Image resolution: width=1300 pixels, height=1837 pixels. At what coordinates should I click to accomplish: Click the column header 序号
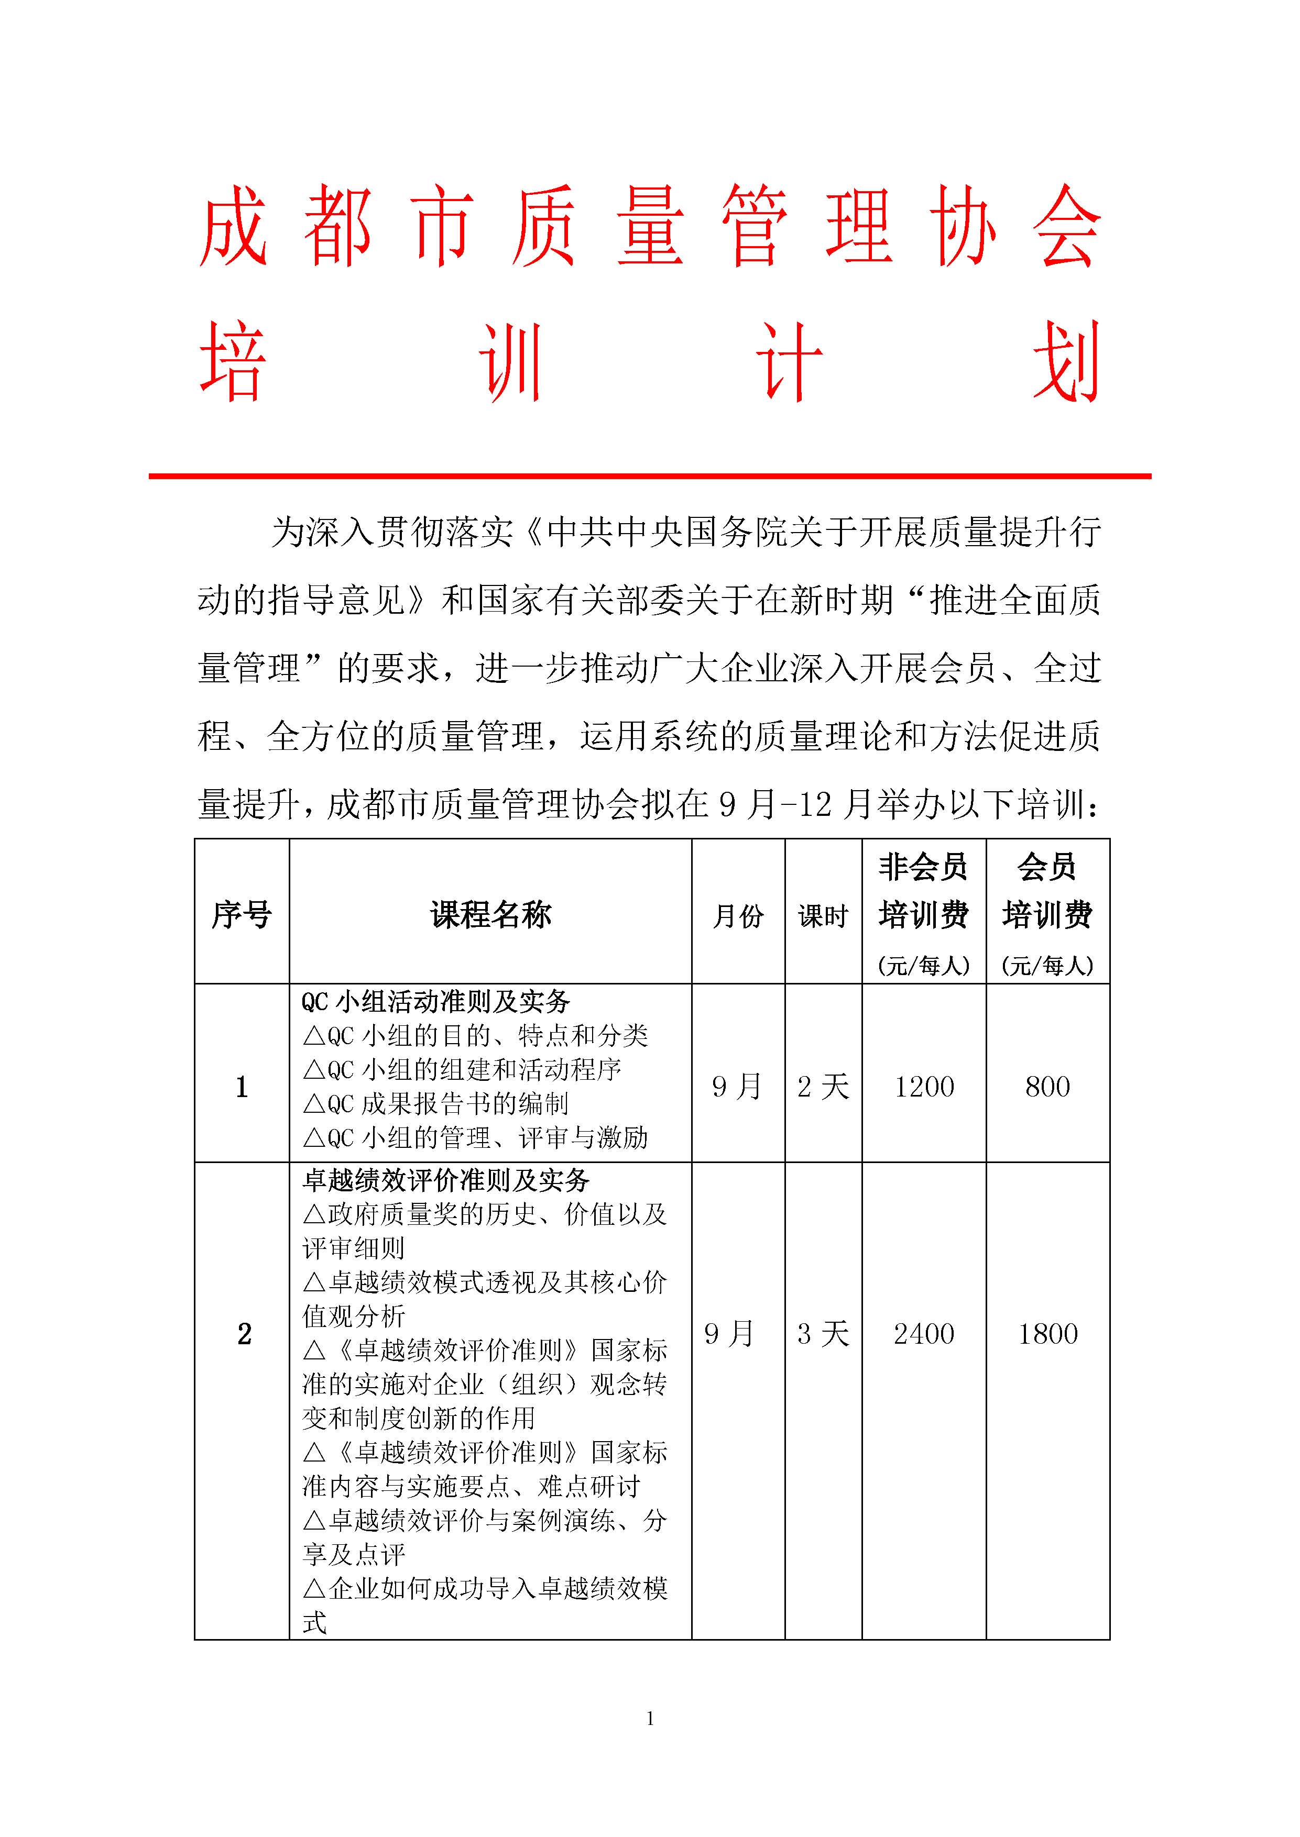(241, 914)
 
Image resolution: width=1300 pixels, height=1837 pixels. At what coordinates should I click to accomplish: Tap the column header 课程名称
(490, 914)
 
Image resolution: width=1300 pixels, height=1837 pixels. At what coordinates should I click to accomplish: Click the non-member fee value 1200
(924, 1087)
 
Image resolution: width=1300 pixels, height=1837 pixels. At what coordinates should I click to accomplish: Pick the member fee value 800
(1047, 1087)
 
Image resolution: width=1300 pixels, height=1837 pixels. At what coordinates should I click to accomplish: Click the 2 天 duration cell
(823, 1087)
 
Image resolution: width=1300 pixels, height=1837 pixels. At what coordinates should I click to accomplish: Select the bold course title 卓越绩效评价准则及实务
(446, 1181)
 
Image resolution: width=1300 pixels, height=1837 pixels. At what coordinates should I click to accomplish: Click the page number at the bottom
(650, 1718)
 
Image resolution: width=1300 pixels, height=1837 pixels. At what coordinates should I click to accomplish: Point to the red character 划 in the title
(1066, 362)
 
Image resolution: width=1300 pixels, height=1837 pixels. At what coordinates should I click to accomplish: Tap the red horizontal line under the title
(650, 476)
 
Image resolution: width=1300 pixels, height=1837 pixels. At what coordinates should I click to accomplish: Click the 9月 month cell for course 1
(736, 1087)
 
